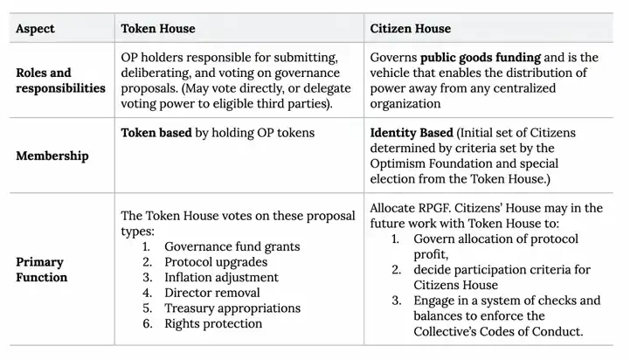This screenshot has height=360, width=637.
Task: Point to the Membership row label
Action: [x=51, y=156]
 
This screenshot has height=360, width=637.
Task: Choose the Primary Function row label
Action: [x=43, y=269]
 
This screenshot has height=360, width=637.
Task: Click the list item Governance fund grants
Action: [x=232, y=246]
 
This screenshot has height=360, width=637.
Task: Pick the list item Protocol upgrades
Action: [x=214, y=262]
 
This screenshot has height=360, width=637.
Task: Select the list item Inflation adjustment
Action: [x=221, y=277]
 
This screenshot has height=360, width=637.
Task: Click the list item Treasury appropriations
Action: [x=232, y=308]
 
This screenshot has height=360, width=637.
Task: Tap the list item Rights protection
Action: [x=213, y=323]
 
